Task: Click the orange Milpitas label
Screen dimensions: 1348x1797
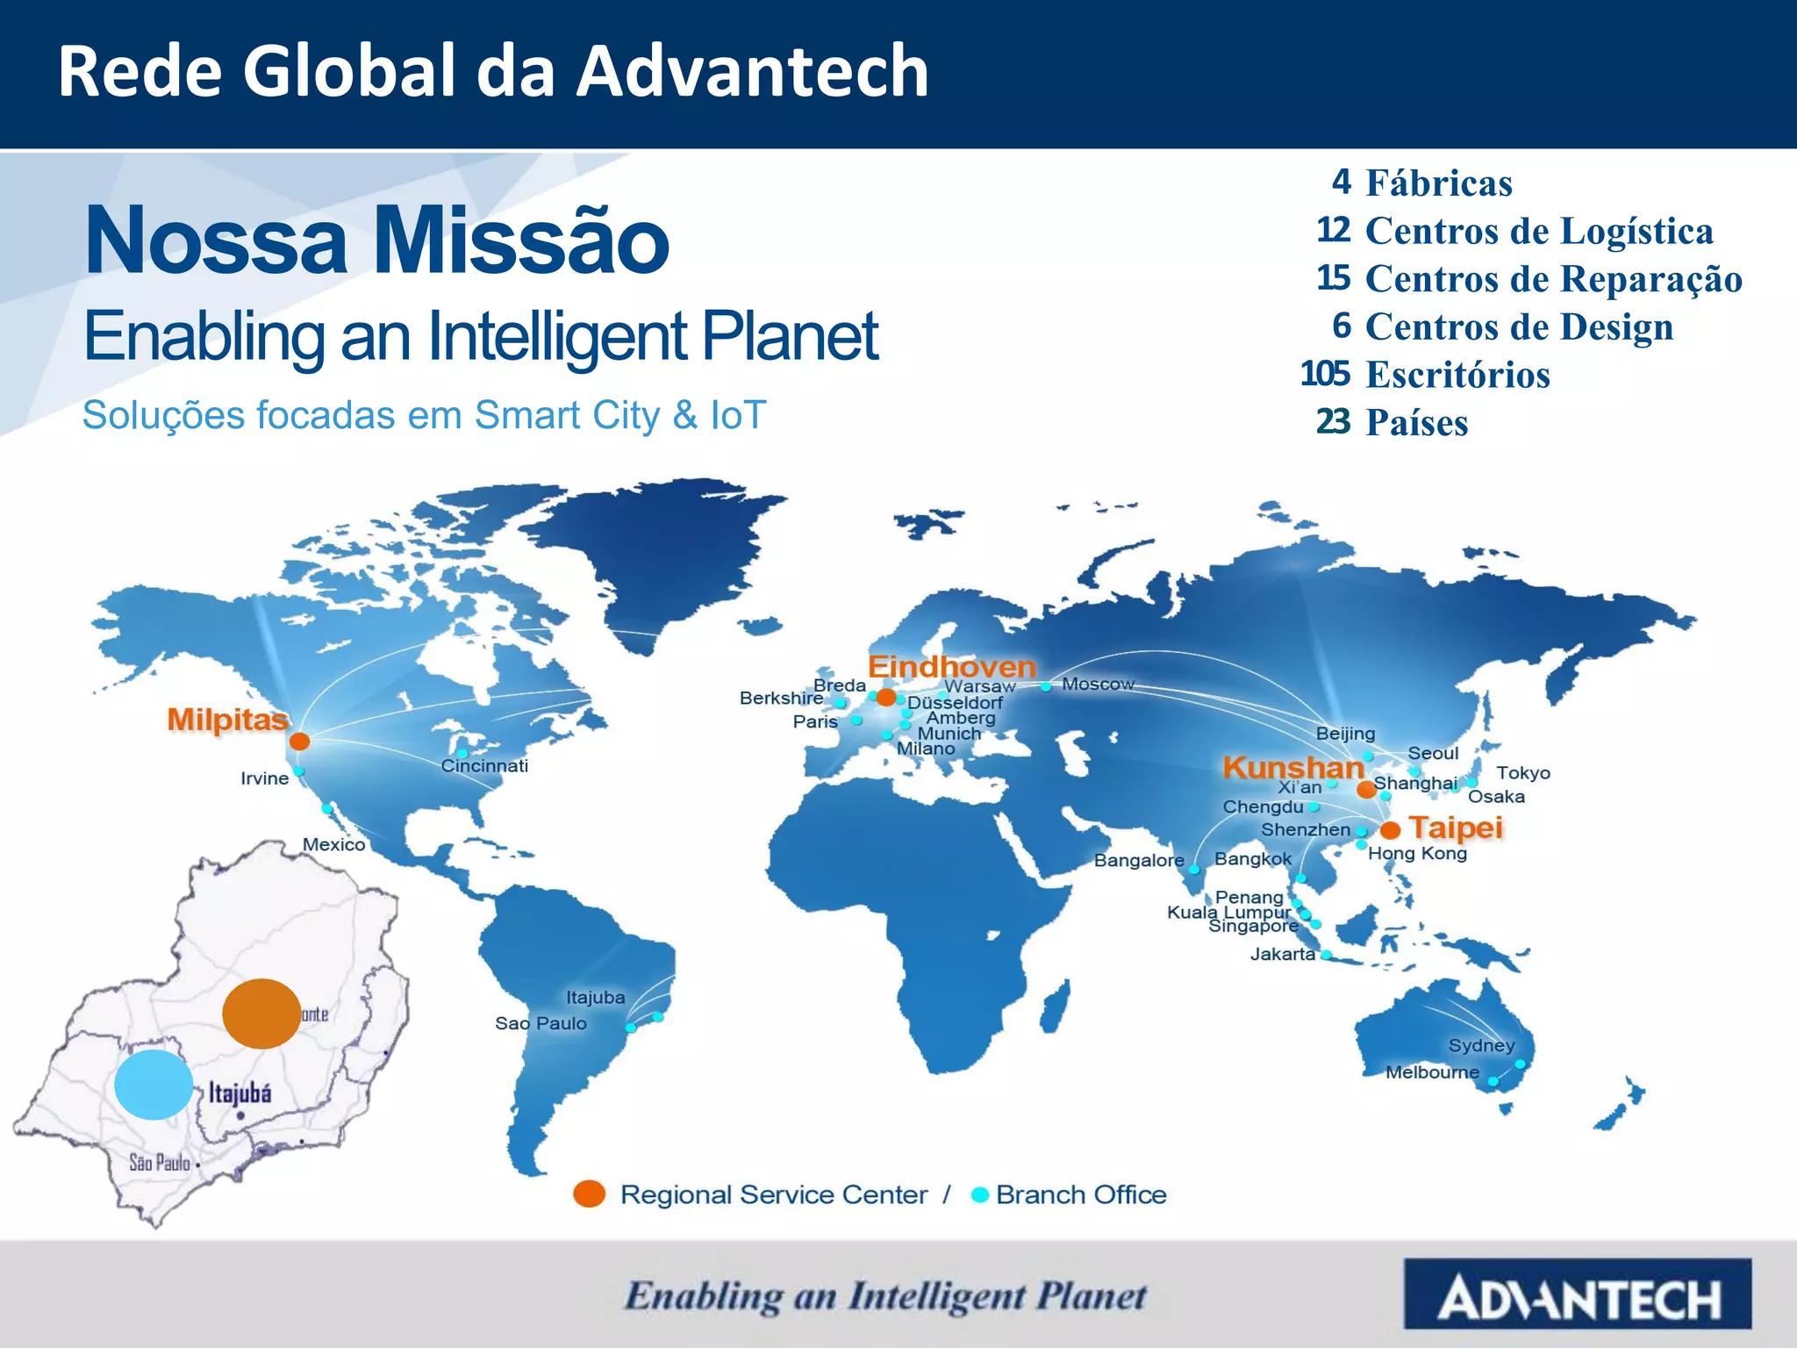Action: (x=227, y=720)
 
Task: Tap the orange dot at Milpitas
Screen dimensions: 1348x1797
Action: (x=299, y=742)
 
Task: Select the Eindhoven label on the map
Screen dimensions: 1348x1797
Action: (x=952, y=667)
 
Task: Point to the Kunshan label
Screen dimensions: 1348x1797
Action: (x=1292, y=768)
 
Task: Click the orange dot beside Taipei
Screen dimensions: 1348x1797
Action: (x=1390, y=830)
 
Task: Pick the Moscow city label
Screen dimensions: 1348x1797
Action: (x=1098, y=684)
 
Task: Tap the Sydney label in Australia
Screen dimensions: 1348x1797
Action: (x=1481, y=1045)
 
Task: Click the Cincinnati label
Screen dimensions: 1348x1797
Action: (x=484, y=765)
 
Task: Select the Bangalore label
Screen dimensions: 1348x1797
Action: (x=1139, y=860)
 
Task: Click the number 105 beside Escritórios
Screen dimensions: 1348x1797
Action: (x=1325, y=374)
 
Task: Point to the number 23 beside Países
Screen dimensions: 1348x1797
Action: (x=1333, y=422)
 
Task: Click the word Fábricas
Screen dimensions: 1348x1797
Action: (x=1439, y=183)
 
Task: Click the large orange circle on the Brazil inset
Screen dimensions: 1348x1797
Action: (x=261, y=1014)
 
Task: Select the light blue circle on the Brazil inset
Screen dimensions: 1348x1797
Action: (x=154, y=1085)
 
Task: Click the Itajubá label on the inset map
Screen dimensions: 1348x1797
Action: (x=240, y=1093)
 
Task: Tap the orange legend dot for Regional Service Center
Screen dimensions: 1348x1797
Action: (x=589, y=1194)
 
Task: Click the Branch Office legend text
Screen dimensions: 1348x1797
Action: (x=1081, y=1194)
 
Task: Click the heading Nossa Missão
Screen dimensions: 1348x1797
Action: (x=376, y=240)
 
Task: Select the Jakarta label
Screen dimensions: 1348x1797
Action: (x=1282, y=954)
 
